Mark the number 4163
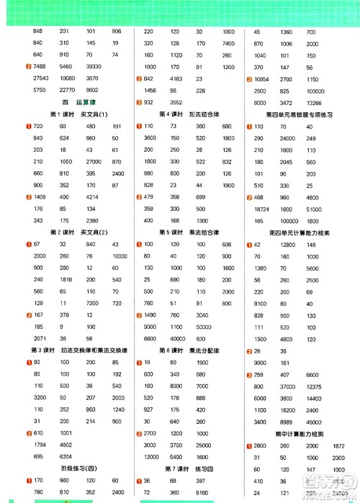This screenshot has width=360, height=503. pos(175,78)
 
